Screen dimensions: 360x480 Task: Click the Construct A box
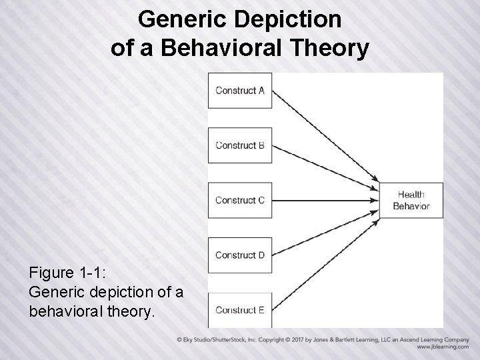tap(240, 91)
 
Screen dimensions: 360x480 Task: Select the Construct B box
tap(240, 145)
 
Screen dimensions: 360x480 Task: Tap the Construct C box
tap(240, 200)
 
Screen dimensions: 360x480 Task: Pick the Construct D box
tap(240, 255)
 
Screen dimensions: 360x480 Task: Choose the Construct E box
tap(240, 310)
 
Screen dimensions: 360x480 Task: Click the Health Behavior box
tap(411, 200)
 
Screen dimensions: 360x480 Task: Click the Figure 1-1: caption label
tap(65, 273)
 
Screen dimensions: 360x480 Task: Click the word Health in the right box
tap(411, 195)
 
